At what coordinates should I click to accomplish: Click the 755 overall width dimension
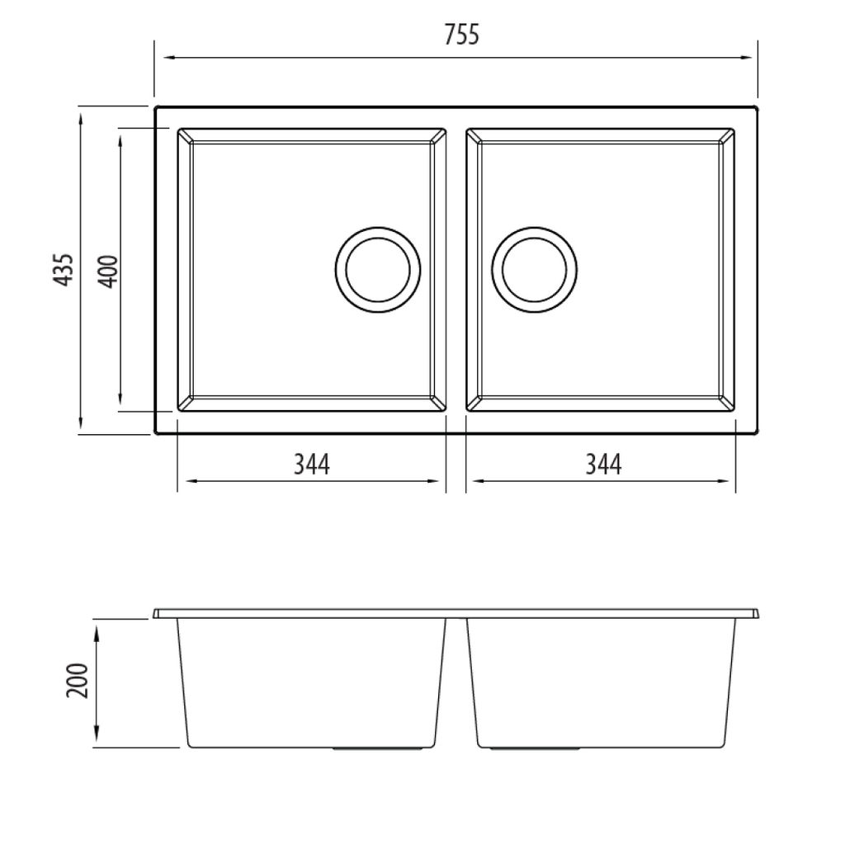(461, 35)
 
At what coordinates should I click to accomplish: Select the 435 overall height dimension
(64, 270)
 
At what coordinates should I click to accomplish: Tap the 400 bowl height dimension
(107, 271)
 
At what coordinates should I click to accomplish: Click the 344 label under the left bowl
(312, 465)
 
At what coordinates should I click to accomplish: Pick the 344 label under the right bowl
(602, 465)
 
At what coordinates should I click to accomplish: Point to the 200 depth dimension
(78, 680)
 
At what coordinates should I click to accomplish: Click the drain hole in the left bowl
(378, 269)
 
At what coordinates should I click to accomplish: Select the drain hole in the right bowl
(534, 269)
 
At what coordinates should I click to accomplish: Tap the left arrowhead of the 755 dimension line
(168, 58)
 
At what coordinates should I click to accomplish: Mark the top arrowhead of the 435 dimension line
(81, 119)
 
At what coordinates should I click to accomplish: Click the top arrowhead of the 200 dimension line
(97, 632)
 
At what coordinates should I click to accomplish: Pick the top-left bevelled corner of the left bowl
(185, 136)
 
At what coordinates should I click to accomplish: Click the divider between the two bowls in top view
(456, 270)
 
